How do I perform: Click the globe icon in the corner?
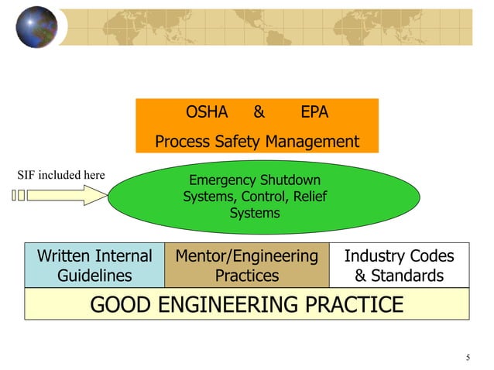(x=36, y=26)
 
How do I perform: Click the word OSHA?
(x=207, y=112)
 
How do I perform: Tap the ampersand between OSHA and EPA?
(x=259, y=112)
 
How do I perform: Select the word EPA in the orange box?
(x=314, y=112)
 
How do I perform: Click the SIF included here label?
(x=61, y=175)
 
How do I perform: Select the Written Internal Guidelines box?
(x=94, y=266)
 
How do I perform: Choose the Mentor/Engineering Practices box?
(x=247, y=266)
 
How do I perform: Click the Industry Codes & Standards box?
(x=399, y=266)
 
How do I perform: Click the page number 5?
(x=468, y=357)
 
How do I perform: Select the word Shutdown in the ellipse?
(x=290, y=181)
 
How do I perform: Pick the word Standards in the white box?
(x=410, y=276)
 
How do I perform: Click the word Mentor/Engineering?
(x=247, y=256)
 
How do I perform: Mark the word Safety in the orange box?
(x=238, y=142)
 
